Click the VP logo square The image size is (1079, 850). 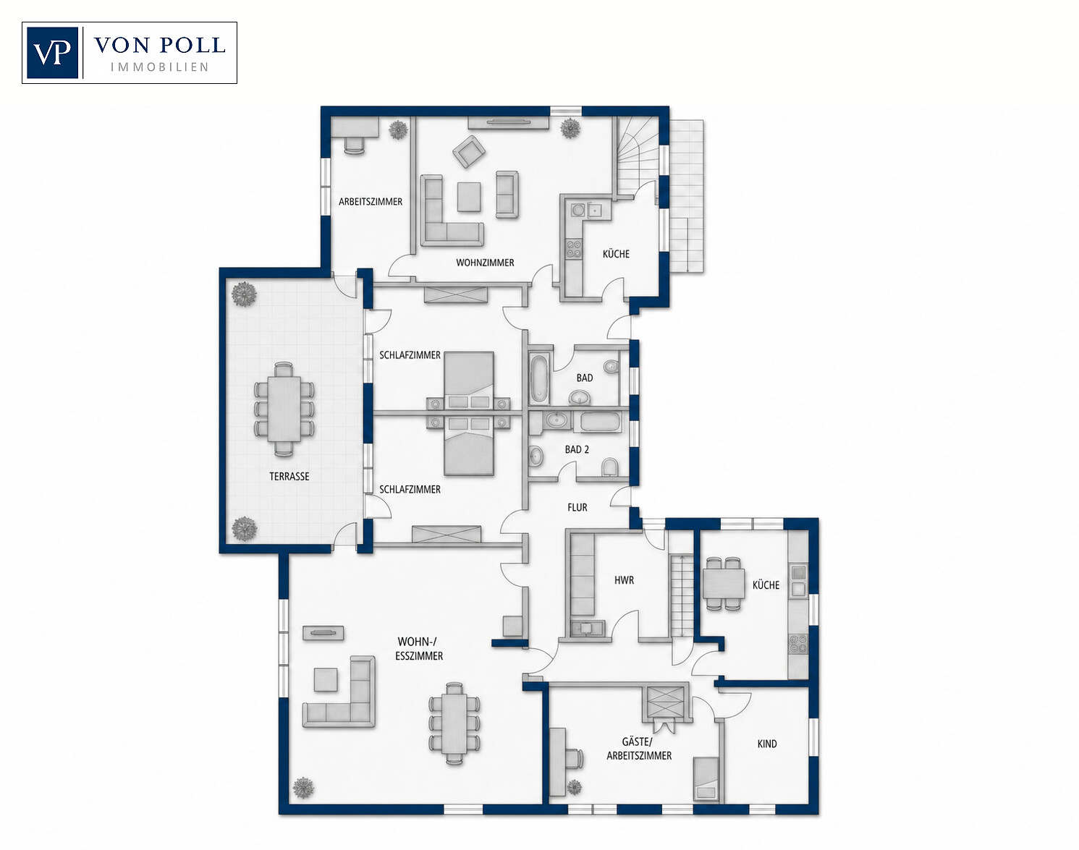pyautogui.click(x=52, y=53)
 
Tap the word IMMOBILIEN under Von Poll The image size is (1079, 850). pyautogui.click(x=159, y=67)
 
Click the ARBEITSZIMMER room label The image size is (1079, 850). pyautogui.click(x=371, y=202)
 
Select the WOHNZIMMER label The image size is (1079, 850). pyautogui.click(x=485, y=263)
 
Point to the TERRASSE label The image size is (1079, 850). pyautogui.click(x=289, y=476)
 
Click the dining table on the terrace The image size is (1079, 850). pyautogui.click(x=284, y=409)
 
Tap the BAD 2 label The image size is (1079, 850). pyautogui.click(x=577, y=449)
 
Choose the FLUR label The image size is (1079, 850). pyautogui.click(x=577, y=507)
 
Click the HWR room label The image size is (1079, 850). pyautogui.click(x=625, y=580)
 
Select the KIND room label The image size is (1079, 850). pyautogui.click(x=767, y=744)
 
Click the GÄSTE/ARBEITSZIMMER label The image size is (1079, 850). pyautogui.click(x=639, y=749)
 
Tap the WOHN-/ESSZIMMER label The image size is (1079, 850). pyautogui.click(x=419, y=648)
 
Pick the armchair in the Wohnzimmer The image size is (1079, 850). pyautogui.click(x=469, y=151)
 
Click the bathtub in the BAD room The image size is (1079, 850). pyautogui.click(x=539, y=378)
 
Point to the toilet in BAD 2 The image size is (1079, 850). pyautogui.click(x=609, y=466)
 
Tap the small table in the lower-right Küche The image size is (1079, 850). pyautogui.click(x=724, y=583)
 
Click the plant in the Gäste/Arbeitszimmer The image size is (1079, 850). pyautogui.click(x=574, y=787)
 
